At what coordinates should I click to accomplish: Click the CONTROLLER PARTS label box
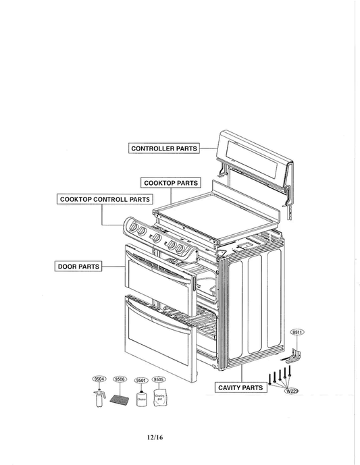click(163, 148)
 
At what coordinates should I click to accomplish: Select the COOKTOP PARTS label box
click(171, 183)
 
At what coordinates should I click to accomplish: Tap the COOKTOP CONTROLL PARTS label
click(104, 199)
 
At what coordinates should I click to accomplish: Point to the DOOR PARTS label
click(78, 267)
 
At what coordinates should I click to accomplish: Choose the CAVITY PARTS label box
click(240, 388)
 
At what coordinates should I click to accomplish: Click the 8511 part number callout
click(297, 333)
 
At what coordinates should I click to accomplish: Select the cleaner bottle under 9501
click(141, 399)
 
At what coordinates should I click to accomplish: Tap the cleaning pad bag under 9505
click(161, 398)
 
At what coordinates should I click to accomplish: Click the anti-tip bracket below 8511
click(295, 356)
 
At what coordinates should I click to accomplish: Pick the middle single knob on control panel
click(156, 238)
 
